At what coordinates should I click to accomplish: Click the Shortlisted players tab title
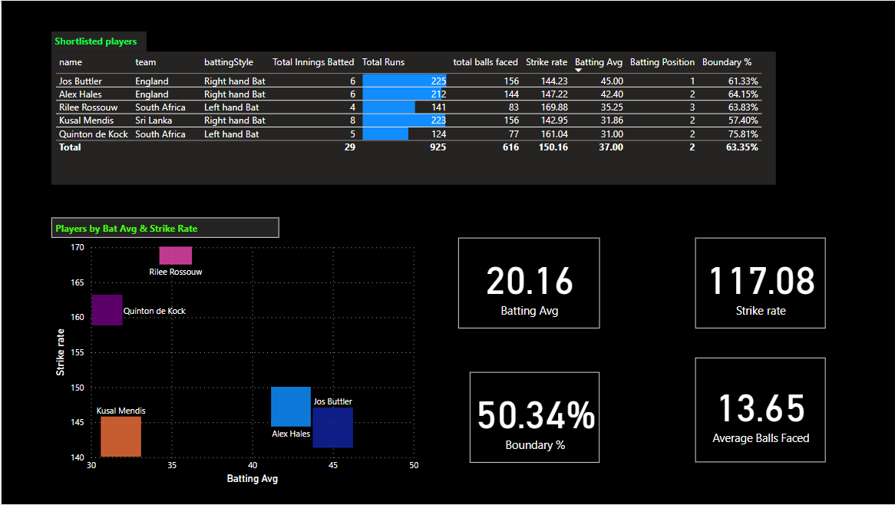[96, 41]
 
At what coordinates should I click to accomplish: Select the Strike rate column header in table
[547, 62]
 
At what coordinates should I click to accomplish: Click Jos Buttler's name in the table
[81, 81]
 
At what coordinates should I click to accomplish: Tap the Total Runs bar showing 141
[388, 107]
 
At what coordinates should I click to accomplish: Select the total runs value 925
[437, 147]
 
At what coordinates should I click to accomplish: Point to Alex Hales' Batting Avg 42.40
[607, 94]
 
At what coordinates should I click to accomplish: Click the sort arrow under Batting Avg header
[579, 71]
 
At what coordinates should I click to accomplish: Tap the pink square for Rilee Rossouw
[176, 256]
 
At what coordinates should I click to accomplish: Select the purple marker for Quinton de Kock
[107, 310]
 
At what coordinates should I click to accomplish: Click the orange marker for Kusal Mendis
[121, 437]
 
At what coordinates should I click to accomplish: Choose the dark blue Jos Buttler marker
[333, 427]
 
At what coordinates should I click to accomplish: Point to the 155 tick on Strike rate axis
[78, 353]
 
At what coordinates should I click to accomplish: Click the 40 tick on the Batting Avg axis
[253, 466]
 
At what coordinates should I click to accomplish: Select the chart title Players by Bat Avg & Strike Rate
[131, 229]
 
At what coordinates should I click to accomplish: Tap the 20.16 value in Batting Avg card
[529, 281]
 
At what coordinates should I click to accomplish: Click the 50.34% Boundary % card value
[535, 415]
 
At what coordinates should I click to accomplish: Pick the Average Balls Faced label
[761, 438]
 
